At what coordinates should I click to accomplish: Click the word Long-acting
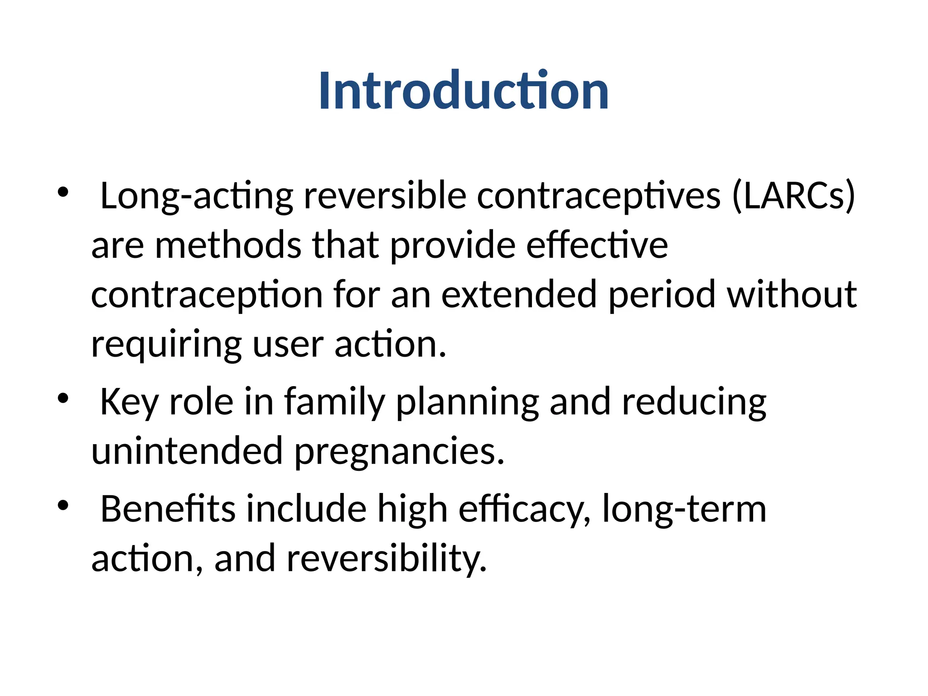pos(196,196)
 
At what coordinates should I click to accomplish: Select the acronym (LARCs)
pos(793,196)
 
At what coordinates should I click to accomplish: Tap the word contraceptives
pos(598,196)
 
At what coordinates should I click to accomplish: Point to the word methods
pos(228,245)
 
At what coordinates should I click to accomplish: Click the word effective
pos(597,245)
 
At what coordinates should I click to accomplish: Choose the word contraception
pos(207,295)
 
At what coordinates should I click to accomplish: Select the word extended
pos(518,295)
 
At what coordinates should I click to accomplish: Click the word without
pos(792,295)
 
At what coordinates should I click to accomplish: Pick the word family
pos(334,402)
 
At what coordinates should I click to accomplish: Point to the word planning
pos(467,402)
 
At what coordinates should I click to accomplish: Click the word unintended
pos(187,451)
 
